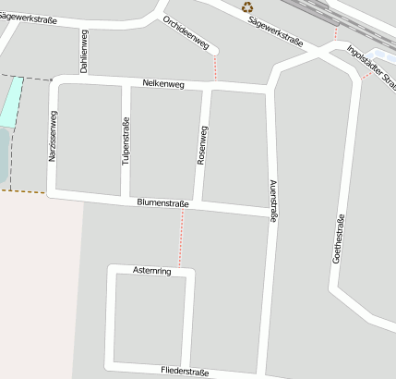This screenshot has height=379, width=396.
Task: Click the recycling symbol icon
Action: [x=247, y=7]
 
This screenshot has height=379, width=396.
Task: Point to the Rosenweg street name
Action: [x=203, y=145]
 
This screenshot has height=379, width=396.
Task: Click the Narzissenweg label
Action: [x=54, y=138]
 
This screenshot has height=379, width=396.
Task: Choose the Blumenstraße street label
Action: [x=162, y=202]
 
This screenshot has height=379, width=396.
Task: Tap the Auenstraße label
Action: [x=272, y=200]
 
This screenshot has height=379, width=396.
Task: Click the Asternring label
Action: [x=152, y=271]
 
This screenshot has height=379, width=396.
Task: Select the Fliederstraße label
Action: [x=185, y=373]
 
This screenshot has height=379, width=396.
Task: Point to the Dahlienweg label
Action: [x=84, y=51]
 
